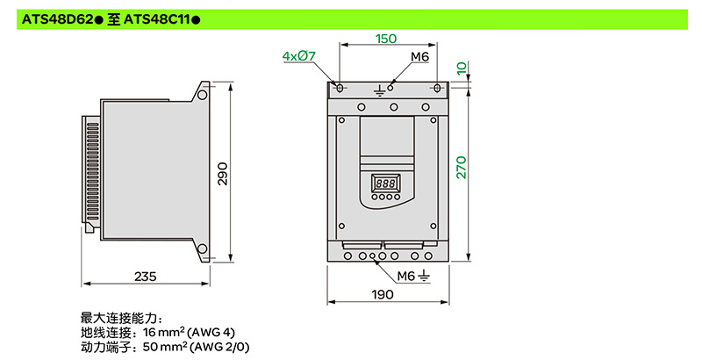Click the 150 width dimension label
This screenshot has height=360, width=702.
[x=386, y=39]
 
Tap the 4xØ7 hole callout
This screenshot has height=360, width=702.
[x=299, y=56]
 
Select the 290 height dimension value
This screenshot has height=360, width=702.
[x=223, y=174]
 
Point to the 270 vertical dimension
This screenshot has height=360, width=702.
[x=462, y=168]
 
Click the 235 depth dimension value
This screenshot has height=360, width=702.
[x=146, y=277]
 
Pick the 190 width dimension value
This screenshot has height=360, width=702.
[x=383, y=295]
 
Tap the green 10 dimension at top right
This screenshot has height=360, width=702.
[x=462, y=68]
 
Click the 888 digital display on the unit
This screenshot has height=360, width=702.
[x=385, y=184]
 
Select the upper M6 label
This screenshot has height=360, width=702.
[x=420, y=57]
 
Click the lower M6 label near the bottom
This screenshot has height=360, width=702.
[x=406, y=277]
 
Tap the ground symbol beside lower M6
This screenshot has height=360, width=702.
[x=424, y=277]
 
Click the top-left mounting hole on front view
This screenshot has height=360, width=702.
[x=340, y=88]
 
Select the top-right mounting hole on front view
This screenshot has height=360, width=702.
[x=437, y=88]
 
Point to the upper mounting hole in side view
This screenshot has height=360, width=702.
[x=203, y=95]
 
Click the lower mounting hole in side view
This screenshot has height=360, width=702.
[x=203, y=249]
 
